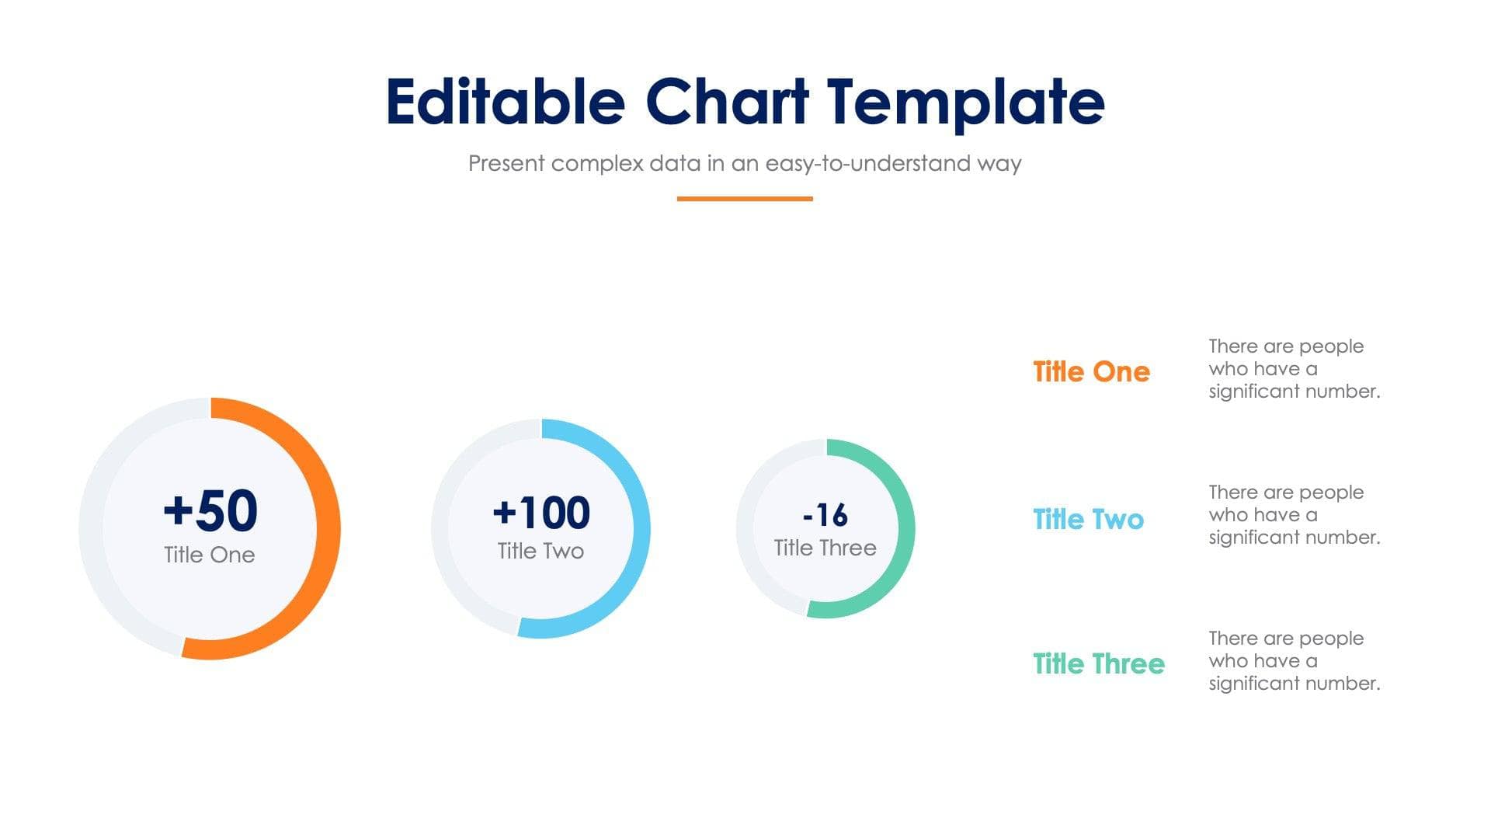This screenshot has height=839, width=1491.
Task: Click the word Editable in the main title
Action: click(506, 102)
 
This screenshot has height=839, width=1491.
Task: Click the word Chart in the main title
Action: click(727, 102)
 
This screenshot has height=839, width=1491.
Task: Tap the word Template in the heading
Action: click(964, 102)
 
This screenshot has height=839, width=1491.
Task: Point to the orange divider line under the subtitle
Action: click(745, 199)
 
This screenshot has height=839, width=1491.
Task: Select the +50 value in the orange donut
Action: click(210, 510)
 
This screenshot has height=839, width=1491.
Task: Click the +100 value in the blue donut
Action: click(541, 513)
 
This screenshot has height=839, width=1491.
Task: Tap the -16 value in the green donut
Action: click(825, 514)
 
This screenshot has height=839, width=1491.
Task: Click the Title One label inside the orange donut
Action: click(210, 555)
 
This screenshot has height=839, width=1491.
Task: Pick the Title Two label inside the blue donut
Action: click(540, 551)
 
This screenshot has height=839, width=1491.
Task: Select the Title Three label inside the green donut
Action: click(825, 548)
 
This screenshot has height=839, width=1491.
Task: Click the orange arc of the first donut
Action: click(326, 528)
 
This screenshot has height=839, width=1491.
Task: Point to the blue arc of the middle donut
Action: click(641, 528)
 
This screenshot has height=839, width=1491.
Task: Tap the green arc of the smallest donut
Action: click(906, 528)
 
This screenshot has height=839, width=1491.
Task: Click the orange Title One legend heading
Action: click(1091, 371)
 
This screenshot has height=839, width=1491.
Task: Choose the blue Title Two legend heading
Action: click(1088, 519)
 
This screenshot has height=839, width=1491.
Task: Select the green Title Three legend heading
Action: click(1098, 663)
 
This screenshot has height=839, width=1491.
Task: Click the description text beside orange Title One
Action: click(1294, 368)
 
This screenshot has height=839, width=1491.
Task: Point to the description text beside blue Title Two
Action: click(1294, 514)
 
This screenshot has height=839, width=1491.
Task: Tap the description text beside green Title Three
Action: click(1294, 660)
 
